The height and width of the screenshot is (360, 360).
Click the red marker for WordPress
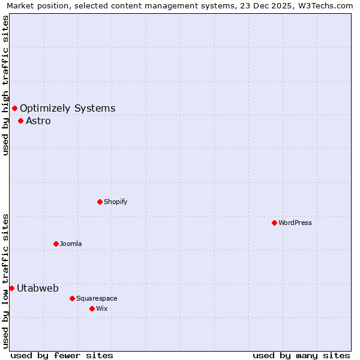pyautogui.click(x=274, y=223)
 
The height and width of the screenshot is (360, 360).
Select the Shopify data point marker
pyautogui.click(x=100, y=202)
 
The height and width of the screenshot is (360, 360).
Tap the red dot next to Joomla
pyautogui.click(x=56, y=244)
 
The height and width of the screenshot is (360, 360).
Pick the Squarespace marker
pyautogui.click(x=72, y=298)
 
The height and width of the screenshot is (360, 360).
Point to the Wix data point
pyautogui.click(x=92, y=308)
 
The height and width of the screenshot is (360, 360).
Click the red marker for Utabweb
pyautogui.click(x=11, y=288)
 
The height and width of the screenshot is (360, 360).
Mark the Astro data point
pyautogui.click(x=20, y=121)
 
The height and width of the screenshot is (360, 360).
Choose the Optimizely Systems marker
pyautogui.click(x=14, y=108)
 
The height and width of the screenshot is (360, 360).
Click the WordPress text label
pyautogui.click(x=295, y=223)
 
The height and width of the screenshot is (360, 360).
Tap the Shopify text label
pyautogui.click(x=116, y=202)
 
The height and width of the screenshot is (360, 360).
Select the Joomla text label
pyautogui.click(x=71, y=244)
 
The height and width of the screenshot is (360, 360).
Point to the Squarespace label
pyautogui.click(x=97, y=298)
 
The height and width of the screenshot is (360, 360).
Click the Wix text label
pyautogui.click(x=102, y=308)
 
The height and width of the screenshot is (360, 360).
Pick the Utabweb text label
pyautogui.click(x=38, y=289)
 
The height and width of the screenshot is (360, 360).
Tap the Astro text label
pyautogui.click(x=38, y=121)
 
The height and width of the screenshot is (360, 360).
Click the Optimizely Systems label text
pyautogui.click(x=68, y=109)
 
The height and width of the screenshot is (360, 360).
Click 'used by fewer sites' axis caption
pyautogui.click(x=62, y=355)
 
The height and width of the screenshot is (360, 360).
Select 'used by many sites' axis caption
pyautogui.click(x=301, y=355)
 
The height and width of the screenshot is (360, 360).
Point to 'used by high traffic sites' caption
pyautogui.click(x=5, y=85)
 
